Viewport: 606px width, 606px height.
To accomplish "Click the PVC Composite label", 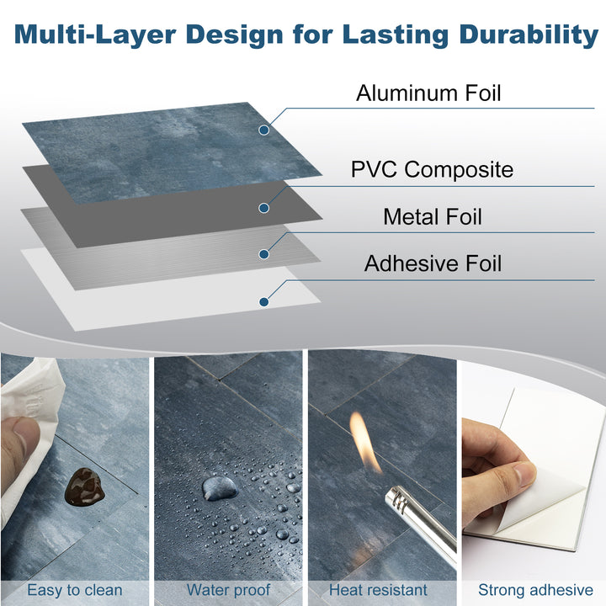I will [431, 169].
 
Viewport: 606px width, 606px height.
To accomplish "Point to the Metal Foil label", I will [432, 216].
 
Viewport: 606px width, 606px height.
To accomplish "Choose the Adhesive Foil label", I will [432, 263].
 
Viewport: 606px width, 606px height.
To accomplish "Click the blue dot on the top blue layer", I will [263, 130].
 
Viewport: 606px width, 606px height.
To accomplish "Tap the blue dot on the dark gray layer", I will [263, 208].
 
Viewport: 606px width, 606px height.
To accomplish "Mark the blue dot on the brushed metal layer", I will [263, 253].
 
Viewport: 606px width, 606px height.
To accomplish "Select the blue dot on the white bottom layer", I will [263, 301].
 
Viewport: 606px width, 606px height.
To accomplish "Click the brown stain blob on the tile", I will [83, 485].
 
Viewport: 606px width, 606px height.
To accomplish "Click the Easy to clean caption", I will [74, 590].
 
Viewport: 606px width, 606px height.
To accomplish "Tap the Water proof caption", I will [229, 590].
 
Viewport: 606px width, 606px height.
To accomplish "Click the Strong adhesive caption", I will [534, 590].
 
